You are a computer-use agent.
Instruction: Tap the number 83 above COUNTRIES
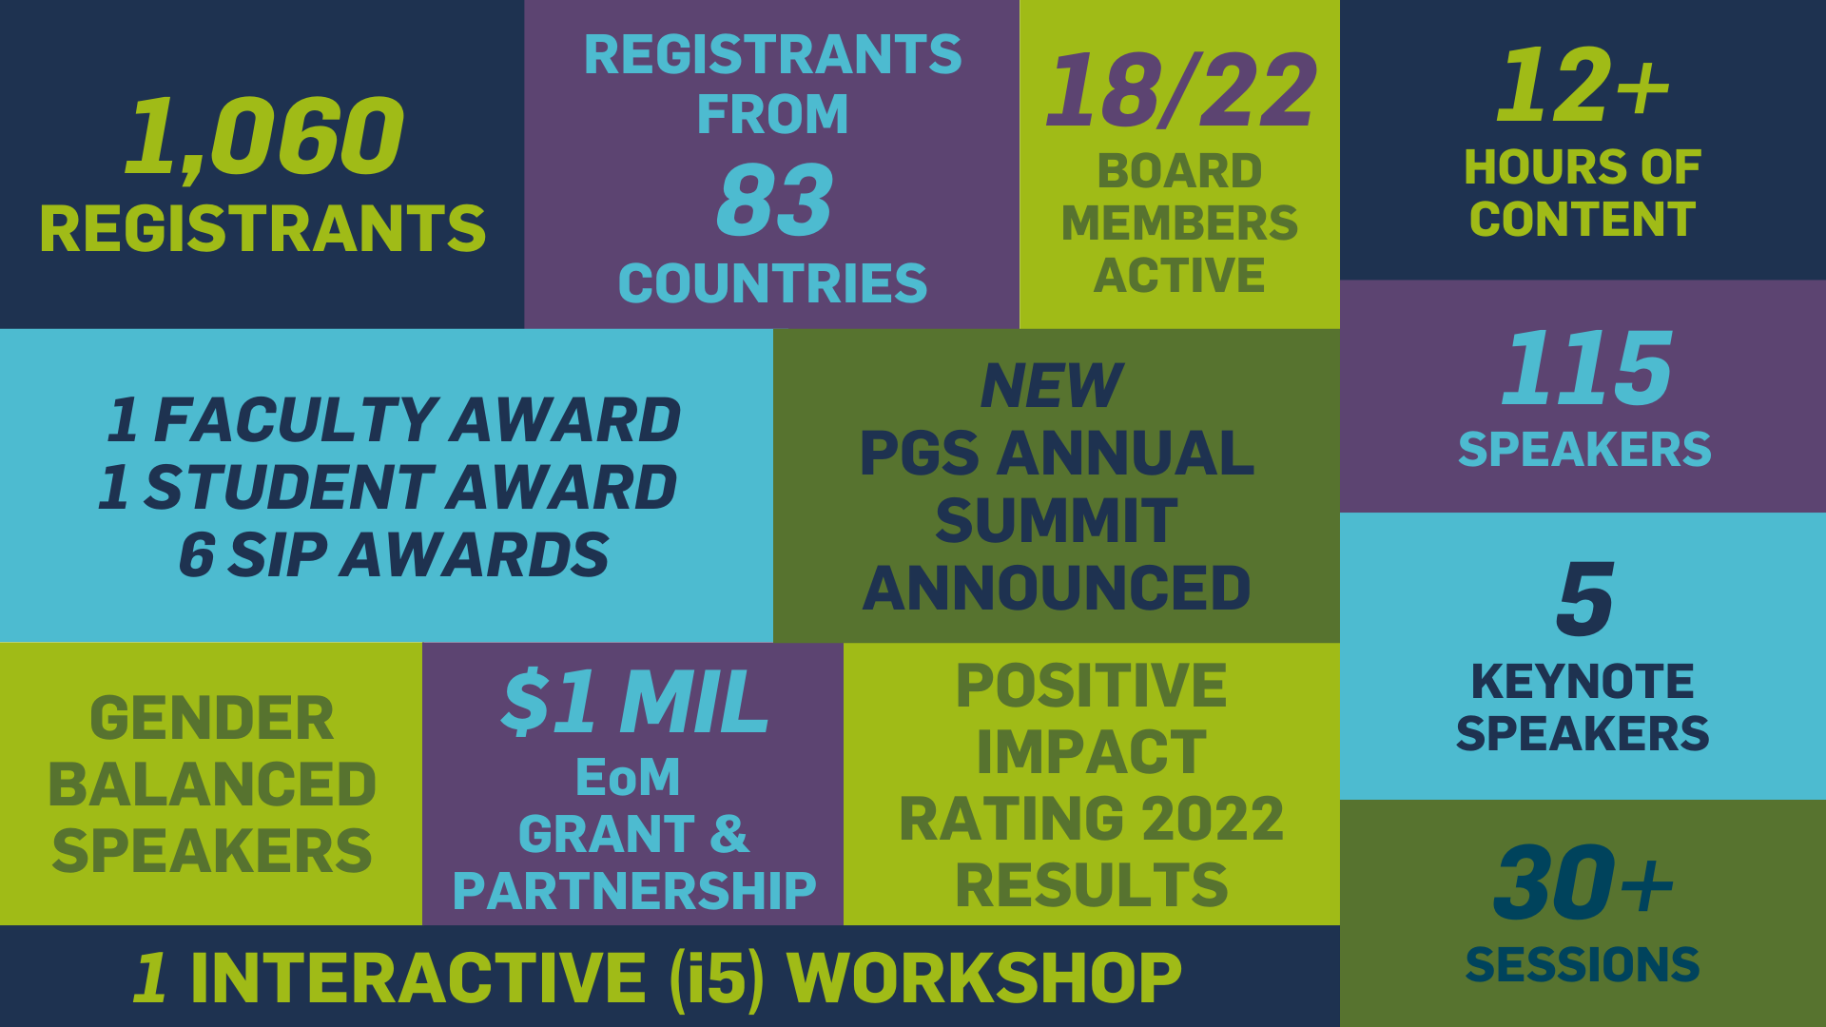pos(774,200)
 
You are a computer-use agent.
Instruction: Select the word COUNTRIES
pos(772,283)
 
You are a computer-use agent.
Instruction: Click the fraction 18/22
pos(1181,90)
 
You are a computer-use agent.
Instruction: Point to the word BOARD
pos(1179,171)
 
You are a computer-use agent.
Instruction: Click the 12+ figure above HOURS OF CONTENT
pos(1583,85)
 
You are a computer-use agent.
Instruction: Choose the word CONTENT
pos(1583,219)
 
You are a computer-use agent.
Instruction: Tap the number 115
pos(1585,367)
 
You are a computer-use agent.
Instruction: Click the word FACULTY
pos(296,420)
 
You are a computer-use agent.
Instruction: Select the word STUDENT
pos(289,488)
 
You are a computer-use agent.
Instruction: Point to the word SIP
pos(279,555)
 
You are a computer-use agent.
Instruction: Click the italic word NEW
pos(1052,386)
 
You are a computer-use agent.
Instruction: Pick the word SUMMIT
pos(1056,521)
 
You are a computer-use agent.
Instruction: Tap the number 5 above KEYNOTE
pos(1585,599)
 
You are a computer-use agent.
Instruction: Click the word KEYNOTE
pos(1583,682)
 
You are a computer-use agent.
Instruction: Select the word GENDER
pos(212,718)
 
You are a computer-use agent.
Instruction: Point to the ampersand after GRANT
pos(729,834)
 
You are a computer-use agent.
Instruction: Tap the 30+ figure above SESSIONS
pos(1583,883)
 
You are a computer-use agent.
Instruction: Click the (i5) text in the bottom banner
pos(717,978)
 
